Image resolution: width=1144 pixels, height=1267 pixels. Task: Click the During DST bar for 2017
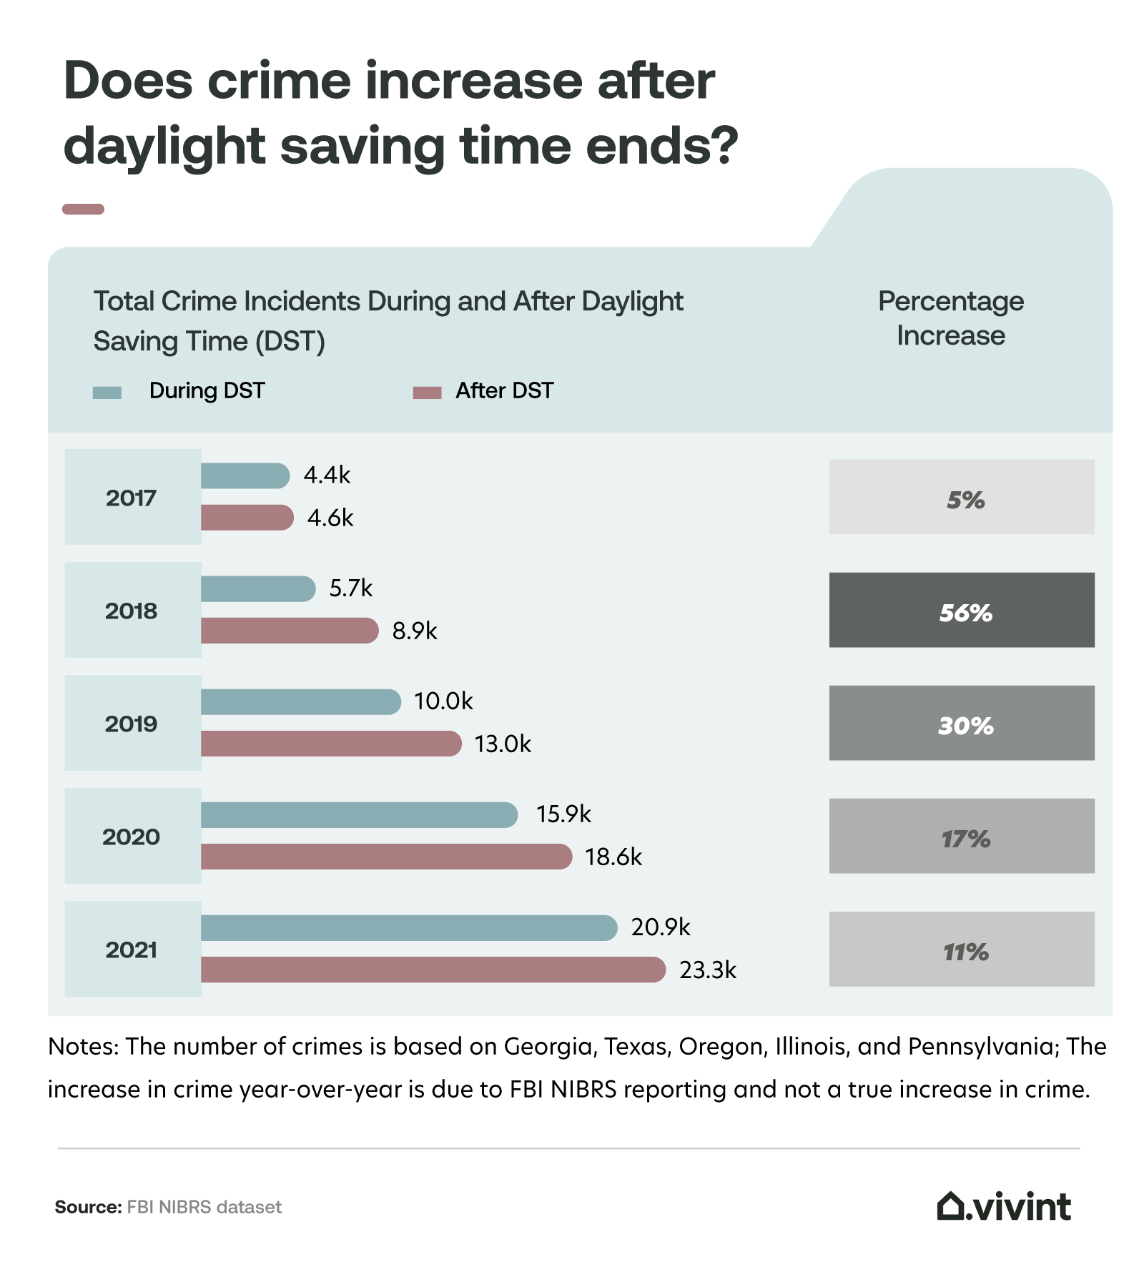pyautogui.click(x=245, y=475)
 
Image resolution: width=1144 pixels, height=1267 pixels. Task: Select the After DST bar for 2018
pyautogui.click(x=289, y=631)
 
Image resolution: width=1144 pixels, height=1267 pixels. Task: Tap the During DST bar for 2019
pyautogui.click(x=300, y=701)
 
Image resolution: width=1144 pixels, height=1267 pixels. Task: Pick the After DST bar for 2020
pyautogui.click(x=386, y=857)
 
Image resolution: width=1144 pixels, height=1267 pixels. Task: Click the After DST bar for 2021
pyautogui.click(x=433, y=970)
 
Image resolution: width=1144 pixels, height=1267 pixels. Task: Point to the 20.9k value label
pyautogui.click(x=660, y=927)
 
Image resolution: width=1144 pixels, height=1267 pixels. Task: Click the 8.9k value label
pyautogui.click(x=414, y=631)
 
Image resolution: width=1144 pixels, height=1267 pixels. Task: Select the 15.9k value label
pyautogui.click(x=563, y=814)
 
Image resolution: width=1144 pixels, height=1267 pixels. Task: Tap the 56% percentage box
pyautogui.click(x=961, y=610)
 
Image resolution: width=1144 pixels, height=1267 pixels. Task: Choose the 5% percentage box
pyautogui.click(x=961, y=497)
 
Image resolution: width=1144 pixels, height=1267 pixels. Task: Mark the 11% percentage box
pyautogui.click(x=961, y=949)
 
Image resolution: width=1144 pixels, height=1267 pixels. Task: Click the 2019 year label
pyautogui.click(x=132, y=724)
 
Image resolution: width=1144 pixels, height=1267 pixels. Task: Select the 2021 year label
pyautogui.click(x=132, y=950)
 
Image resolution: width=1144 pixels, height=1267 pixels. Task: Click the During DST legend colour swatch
pyautogui.click(x=107, y=393)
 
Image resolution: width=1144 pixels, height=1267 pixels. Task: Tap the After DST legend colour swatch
pyautogui.click(x=427, y=393)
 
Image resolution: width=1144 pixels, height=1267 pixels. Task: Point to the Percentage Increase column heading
pyautogui.click(x=950, y=318)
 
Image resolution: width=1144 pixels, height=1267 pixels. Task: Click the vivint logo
pyautogui.click(x=1004, y=1206)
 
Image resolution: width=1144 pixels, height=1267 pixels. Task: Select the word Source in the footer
pyautogui.click(x=88, y=1207)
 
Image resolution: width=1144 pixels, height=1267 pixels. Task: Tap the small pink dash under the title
pyautogui.click(x=84, y=209)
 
